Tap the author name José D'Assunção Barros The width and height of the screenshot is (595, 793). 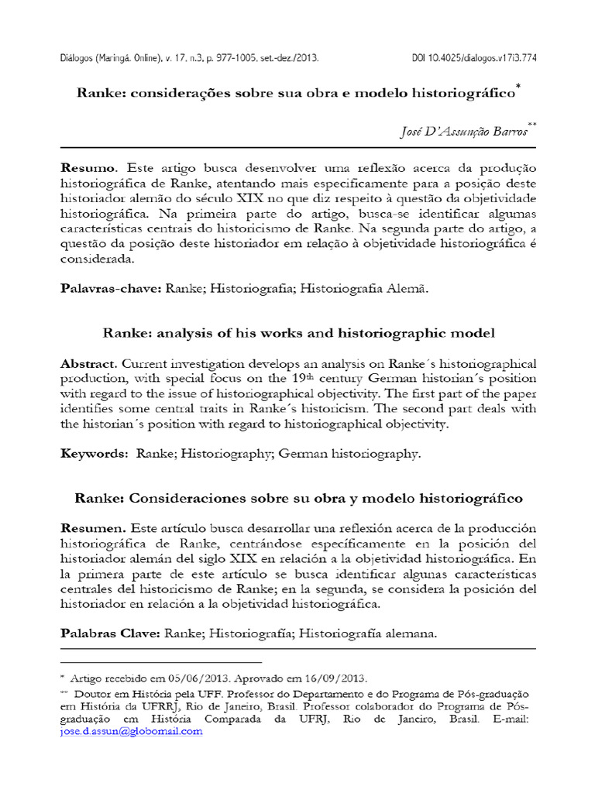pos(462,132)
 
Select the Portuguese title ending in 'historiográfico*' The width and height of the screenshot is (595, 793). pos(297,93)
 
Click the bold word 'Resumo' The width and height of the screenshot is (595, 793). pos(88,168)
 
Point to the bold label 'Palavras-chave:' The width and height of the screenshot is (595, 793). pos(110,288)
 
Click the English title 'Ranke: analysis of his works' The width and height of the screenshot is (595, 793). pos(298,333)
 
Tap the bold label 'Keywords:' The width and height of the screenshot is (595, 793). pos(94,454)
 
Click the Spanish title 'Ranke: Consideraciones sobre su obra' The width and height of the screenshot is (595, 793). pos(298,496)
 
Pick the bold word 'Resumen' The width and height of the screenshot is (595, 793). pos(91,527)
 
